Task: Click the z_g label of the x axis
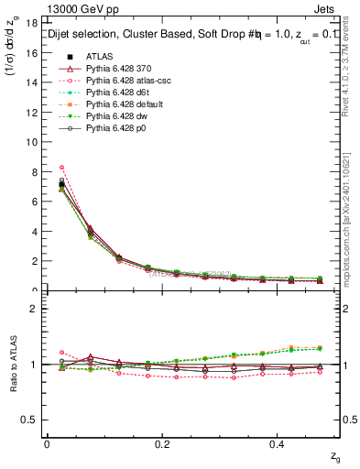pyautogui.click(x=335, y=455)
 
